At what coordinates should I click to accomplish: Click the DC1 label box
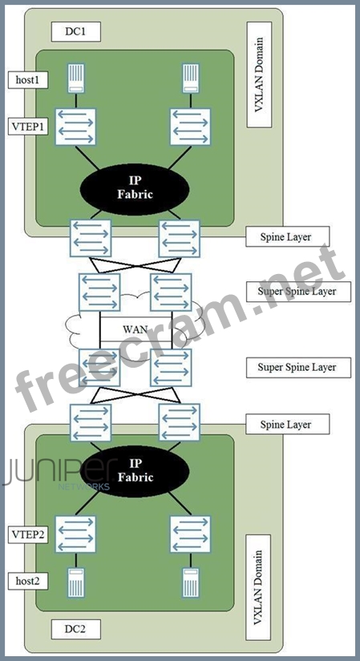point(76,31)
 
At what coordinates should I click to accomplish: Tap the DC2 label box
point(76,629)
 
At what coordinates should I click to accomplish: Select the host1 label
point(28,80)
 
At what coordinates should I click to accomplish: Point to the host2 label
point(28,581)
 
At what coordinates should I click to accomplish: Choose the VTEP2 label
point(28,534)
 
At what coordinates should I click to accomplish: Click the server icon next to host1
point(76,78)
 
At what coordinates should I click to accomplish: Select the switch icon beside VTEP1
point(76,127)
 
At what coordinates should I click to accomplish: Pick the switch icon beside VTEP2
point(76,534)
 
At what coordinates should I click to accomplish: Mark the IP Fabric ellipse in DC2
point(134,471)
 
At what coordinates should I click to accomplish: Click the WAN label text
point(135,329)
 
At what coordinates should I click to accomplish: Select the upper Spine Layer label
point(287,237)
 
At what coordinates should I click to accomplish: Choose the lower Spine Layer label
point(287,424)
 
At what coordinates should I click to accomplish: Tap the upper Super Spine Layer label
point(298,292)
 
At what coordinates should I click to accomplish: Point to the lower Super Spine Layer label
point(298,367)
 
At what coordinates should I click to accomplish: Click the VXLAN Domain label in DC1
point(259,75)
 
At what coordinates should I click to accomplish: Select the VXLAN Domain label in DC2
point(259,587)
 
